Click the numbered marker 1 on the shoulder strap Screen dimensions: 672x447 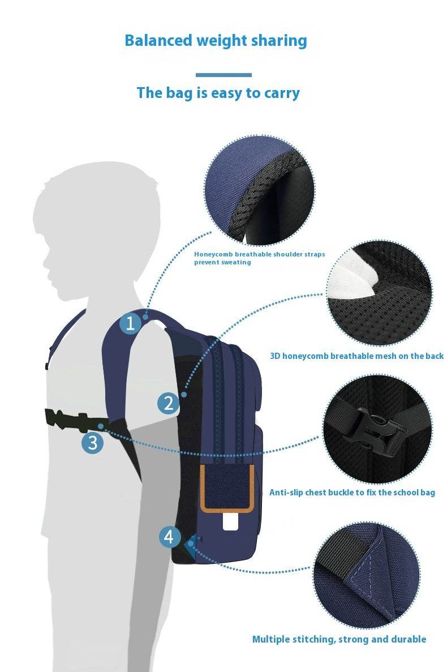(131, 324)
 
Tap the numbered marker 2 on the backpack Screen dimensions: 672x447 (168, 404)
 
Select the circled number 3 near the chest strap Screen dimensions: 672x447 (93, 442)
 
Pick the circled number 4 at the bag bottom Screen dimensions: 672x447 (169, 536)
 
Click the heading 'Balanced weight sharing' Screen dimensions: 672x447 (216, 41)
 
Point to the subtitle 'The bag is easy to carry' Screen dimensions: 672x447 (218, 93)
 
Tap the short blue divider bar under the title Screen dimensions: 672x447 (223, 75)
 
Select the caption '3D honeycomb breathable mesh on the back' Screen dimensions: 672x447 (356, 356)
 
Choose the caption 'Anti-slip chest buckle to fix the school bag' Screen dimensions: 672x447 (352, 493)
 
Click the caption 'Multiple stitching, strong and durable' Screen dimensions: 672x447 (339, 639)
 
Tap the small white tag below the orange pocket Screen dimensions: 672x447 (230, 521)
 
